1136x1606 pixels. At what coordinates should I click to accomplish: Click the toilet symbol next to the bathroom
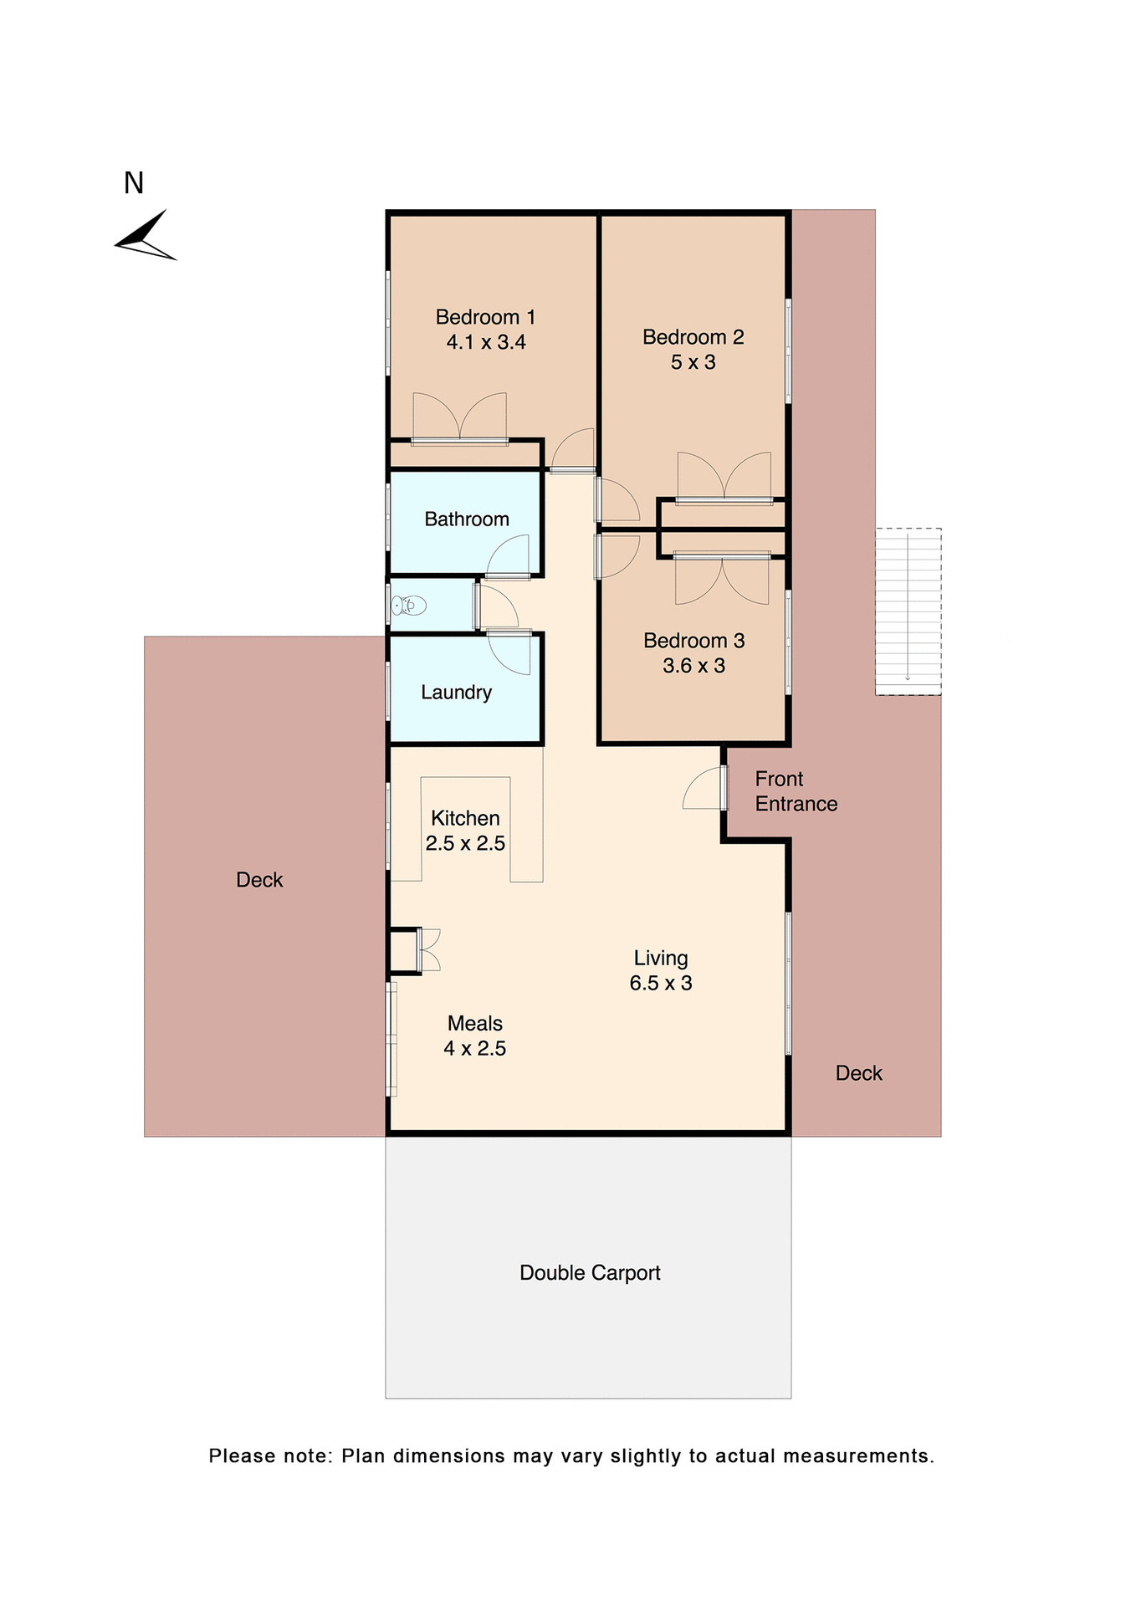click(x=409, y=605)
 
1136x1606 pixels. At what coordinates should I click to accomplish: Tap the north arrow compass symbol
click(x=146, y=237)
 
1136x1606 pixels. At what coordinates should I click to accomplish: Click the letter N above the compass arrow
click(x=134, y=183)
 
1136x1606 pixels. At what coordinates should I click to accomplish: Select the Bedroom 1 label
click(x=485, y=317)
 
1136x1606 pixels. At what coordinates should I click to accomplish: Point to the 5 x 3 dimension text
click(x=693, y=362)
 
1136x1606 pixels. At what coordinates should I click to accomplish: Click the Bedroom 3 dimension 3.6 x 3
click(x=693, y=666)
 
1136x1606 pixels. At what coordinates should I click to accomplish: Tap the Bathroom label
click(x=467, y=519)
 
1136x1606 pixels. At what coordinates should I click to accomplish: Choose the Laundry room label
click(x=456, y=693)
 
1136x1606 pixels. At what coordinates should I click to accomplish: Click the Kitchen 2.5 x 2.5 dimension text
click(x=465, y=843)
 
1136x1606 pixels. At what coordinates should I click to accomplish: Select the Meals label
click(x=475, y=1023)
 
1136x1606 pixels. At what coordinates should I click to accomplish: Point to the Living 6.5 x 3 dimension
click(x=661, y=983)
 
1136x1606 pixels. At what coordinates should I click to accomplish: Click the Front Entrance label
click(x=795, y=791)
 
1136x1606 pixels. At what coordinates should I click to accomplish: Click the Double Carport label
click(x=590, y=1273)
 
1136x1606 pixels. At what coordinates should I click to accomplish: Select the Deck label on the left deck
click(x=259, y=880)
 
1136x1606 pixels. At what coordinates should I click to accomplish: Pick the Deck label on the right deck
click(x=858, y=1073)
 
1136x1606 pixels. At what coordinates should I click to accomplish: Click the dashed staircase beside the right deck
click(x=908, y=611)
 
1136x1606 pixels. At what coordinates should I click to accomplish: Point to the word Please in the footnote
click(x=241, y=1456)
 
